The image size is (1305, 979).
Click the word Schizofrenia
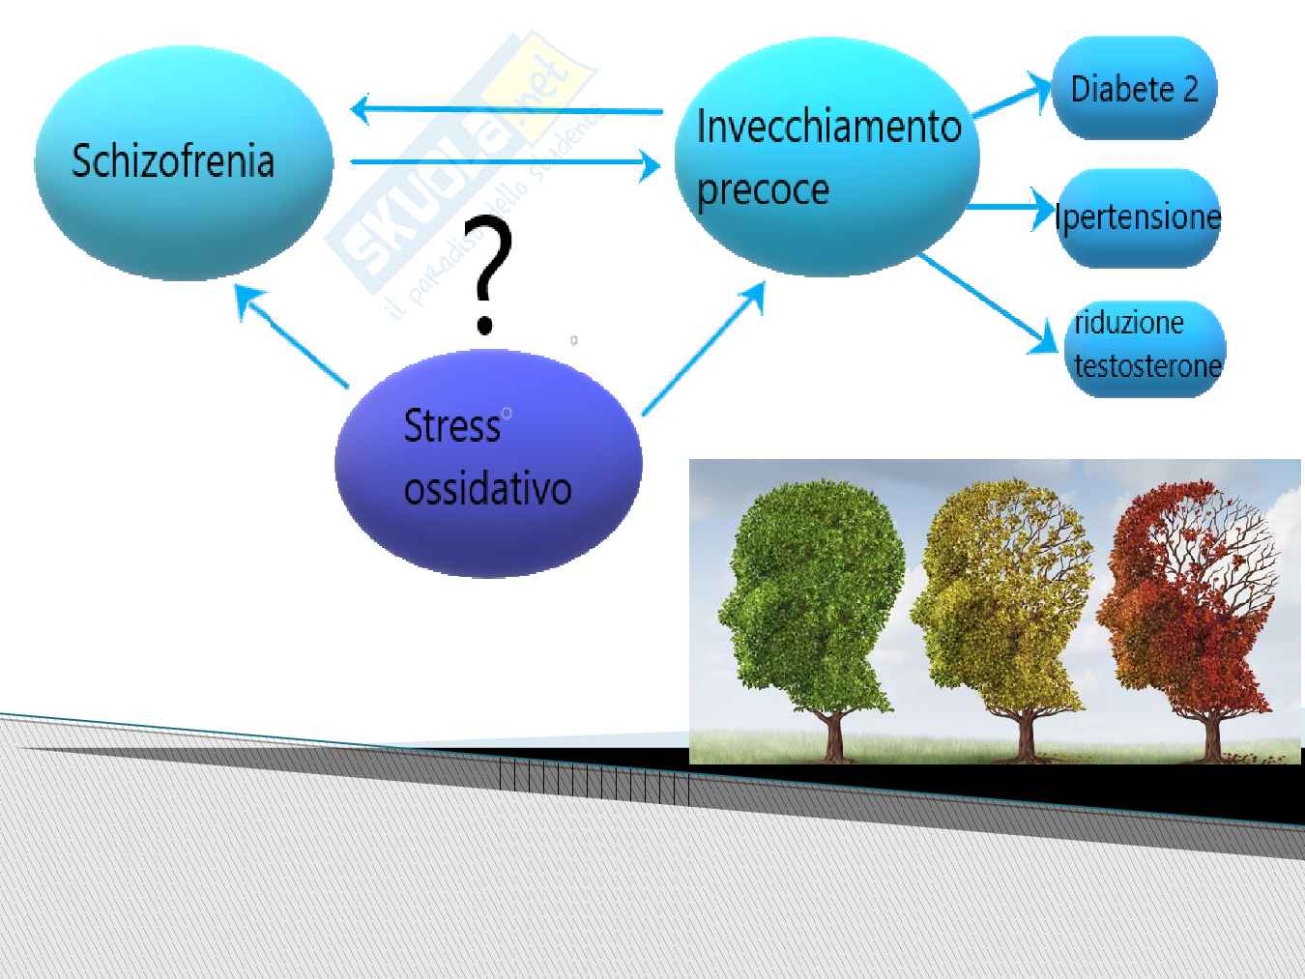click(x=172, y=160)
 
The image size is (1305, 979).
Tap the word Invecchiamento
click(x=828, y=126)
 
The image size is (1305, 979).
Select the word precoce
click(x=763, y=190)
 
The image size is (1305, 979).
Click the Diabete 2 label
click(x=1134, y=89)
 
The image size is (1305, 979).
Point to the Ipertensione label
click(x=1138, y=216)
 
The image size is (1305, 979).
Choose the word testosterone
click(x=1147, y=365)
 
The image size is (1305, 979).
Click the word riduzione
click(x=1128, y=324)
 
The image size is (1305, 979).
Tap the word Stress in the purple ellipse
click(x=451, y=425)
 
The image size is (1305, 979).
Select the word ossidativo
click(x=487, y=489)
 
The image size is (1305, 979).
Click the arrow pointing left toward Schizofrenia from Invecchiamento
click(x=507, y=110)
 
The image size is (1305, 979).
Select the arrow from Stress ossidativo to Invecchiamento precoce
click(x=704, y=349)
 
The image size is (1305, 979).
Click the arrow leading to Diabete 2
click(x=1011, y=98)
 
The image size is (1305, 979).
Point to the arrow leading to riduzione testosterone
click(x=988, y=304)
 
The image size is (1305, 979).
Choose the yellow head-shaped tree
click(x=1002, y=619)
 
